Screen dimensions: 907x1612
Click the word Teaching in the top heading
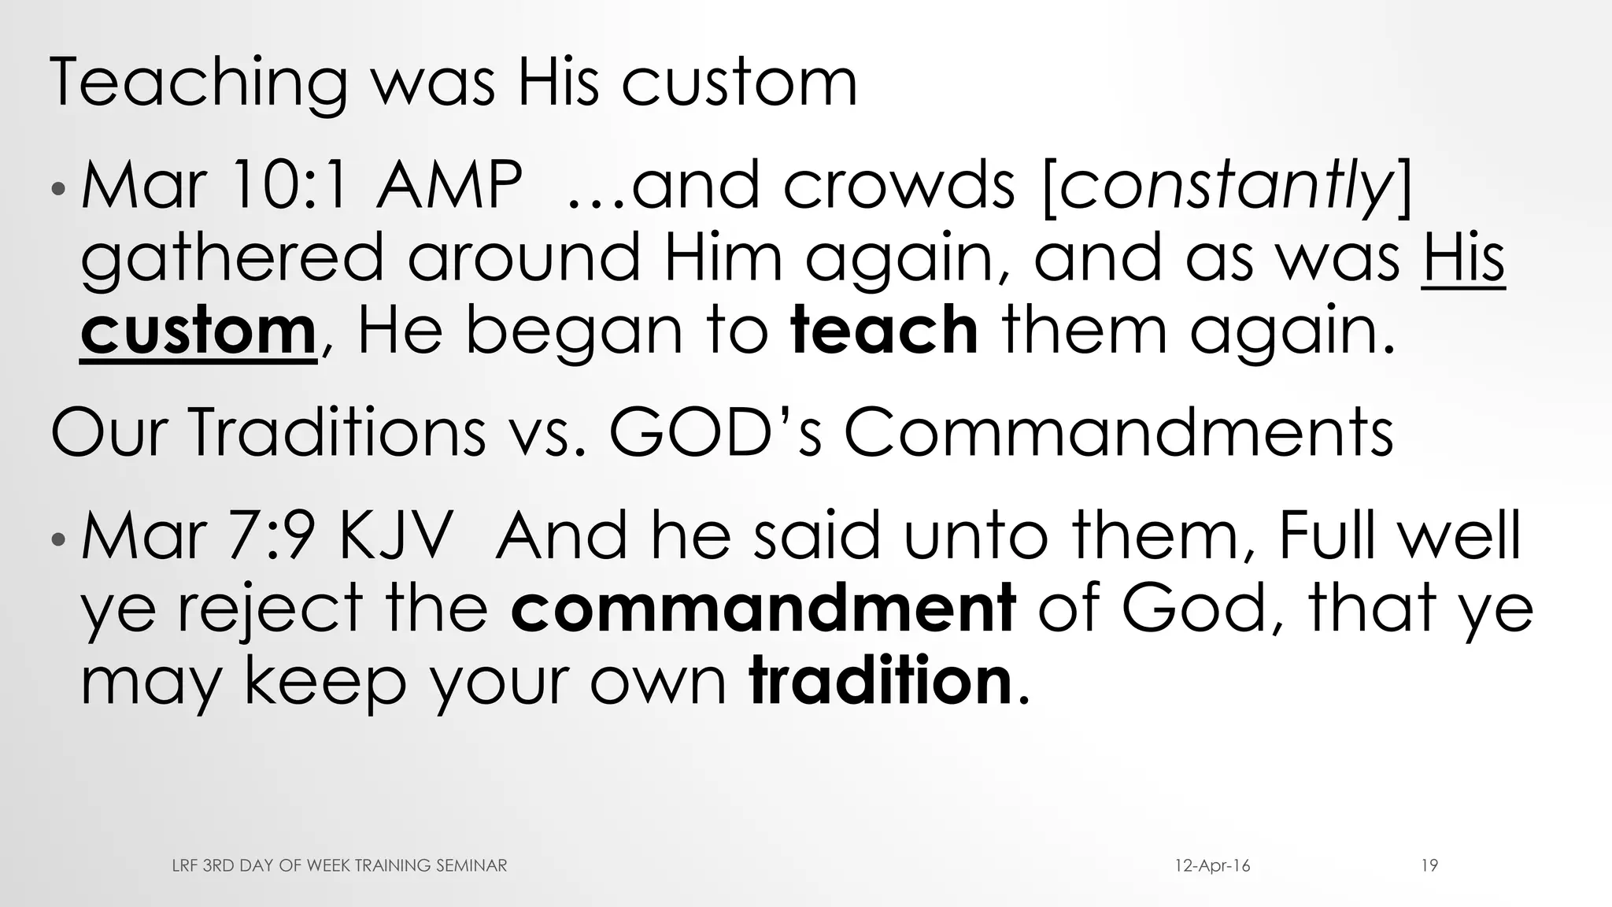tap(198, 83)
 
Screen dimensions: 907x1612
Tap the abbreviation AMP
tap(449, 186)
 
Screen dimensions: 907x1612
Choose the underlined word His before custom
tap(1463, 258)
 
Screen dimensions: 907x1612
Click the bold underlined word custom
tap(198, 331)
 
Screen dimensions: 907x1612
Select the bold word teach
tap(884, 331)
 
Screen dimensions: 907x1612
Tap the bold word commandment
tap(763, 608)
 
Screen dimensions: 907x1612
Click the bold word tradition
tap(880, 680)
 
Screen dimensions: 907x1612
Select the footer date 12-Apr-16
tap(1212, 866)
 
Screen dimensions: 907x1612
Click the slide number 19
tap(1429, 866)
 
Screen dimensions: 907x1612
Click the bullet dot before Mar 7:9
tap(58, 540)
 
